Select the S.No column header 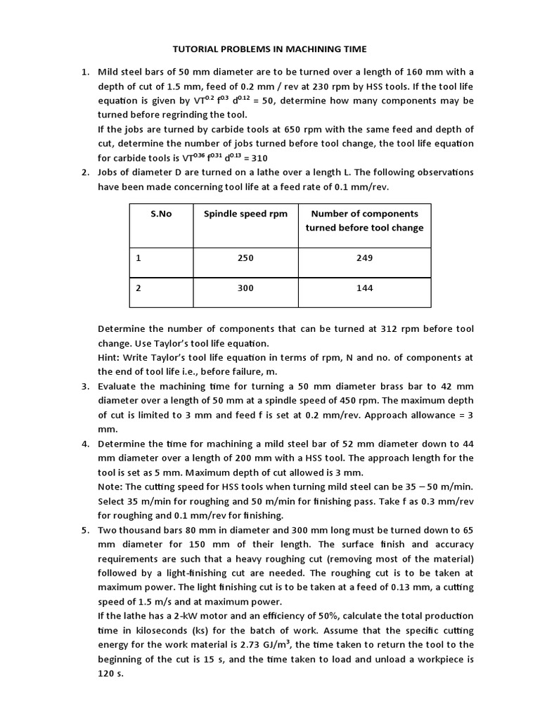pos(161,214)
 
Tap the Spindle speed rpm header pos(245,214)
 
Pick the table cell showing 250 pos(245,258)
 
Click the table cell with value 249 pos(364,258)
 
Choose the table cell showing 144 pos(364,288)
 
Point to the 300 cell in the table pos(245,288)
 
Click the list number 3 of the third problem pos(85,386)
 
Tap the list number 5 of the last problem pos(85,530)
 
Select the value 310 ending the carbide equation pos(256,157)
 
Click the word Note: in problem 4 pos(110,487)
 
